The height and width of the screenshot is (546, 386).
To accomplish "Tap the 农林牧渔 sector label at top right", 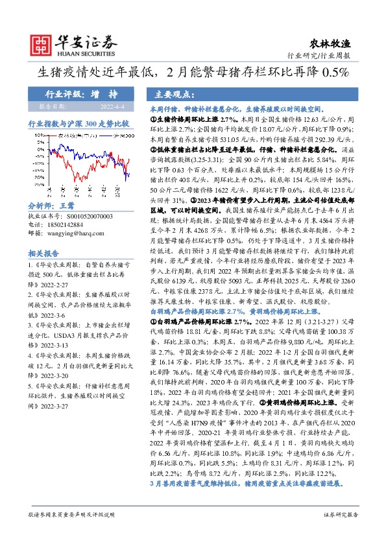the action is point(336,43).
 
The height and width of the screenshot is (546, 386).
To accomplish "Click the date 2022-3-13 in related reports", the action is point(51,345).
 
